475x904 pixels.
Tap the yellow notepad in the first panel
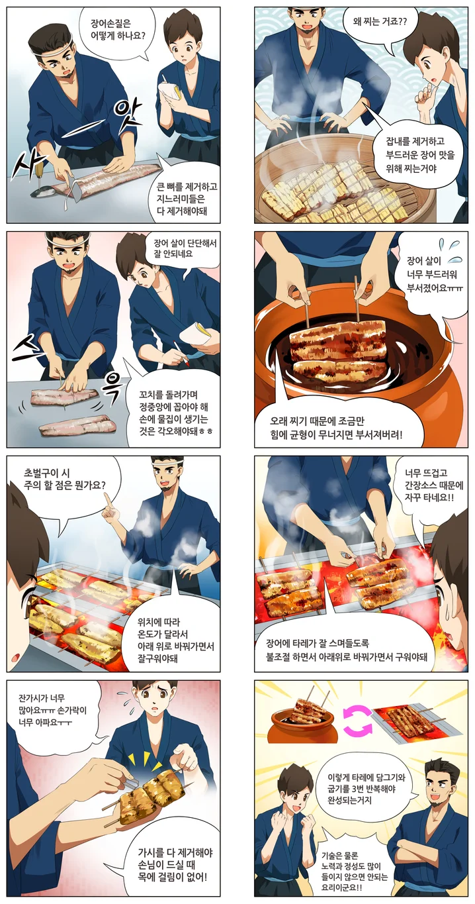171,89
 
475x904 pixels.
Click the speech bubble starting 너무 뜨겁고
431,484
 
